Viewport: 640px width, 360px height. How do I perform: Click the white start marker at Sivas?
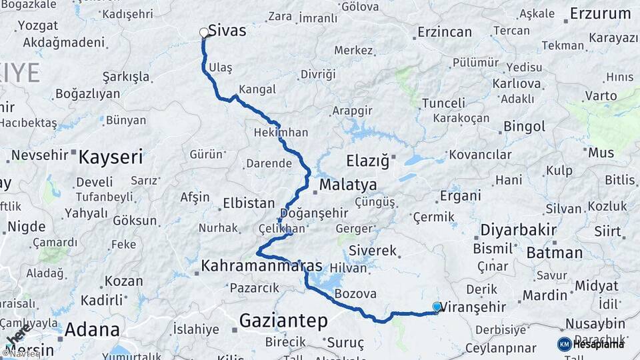tap(204, 32)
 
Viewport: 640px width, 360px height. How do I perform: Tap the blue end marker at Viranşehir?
tap(437, 307)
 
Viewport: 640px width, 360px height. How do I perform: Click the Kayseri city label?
tap(111, 157)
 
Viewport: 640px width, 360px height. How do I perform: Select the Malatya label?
tap(347, 185)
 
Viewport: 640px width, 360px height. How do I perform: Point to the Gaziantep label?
tap(283, 321)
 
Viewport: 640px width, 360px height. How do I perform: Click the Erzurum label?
tap(600, 13)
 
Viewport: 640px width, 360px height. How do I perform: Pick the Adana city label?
tap(92, 329)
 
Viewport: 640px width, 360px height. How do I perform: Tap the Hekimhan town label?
tap(281, 132)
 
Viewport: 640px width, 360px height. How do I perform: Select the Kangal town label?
tap(257, 89)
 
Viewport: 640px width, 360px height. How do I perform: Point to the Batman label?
tap(554, 253)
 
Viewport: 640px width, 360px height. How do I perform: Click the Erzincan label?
tap(444, 32)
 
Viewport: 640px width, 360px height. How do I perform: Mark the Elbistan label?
tap(249, 203)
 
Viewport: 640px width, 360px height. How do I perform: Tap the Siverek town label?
tap(373, 251)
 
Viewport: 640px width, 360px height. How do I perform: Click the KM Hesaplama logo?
tap(591, 344)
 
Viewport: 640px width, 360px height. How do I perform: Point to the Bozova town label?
tap(355, 293)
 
